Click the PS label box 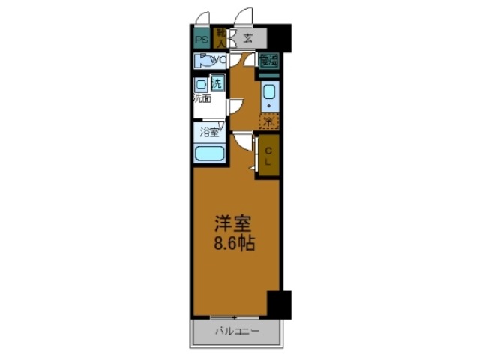(x=201, y=38)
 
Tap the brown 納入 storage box (x=221, y=36)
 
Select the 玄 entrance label (x=248, y=37)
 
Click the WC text (x=218, y=60)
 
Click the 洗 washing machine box (x=217, y=82)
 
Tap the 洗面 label (x=202, y=98)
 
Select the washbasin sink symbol (x=202, y=84)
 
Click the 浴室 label (x=209, y=133)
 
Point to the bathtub (x=210, y=154)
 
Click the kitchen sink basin (x=269, y=93)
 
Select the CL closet (x=268, y=156)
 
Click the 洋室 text (x=232, y=223)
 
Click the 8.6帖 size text (x=232, y=244)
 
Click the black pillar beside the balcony (x=279, y=304)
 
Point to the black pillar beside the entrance (x=281, y=36)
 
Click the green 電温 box (x=269, y=61)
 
